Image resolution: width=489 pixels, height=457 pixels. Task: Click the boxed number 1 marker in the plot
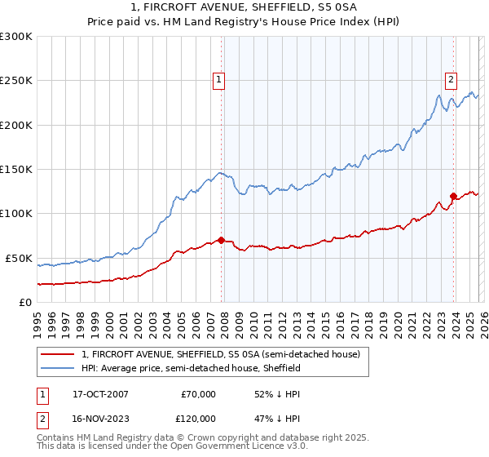click(x=220, y=79)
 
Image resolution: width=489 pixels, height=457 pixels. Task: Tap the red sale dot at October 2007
click(x=221, y=240)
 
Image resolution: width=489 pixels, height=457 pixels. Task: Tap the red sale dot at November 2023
click(x=453, y=196)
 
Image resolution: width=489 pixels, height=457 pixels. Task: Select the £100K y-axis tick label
click(x=16, y=213)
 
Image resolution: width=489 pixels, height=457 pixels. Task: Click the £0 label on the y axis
click(x=24, y=302)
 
